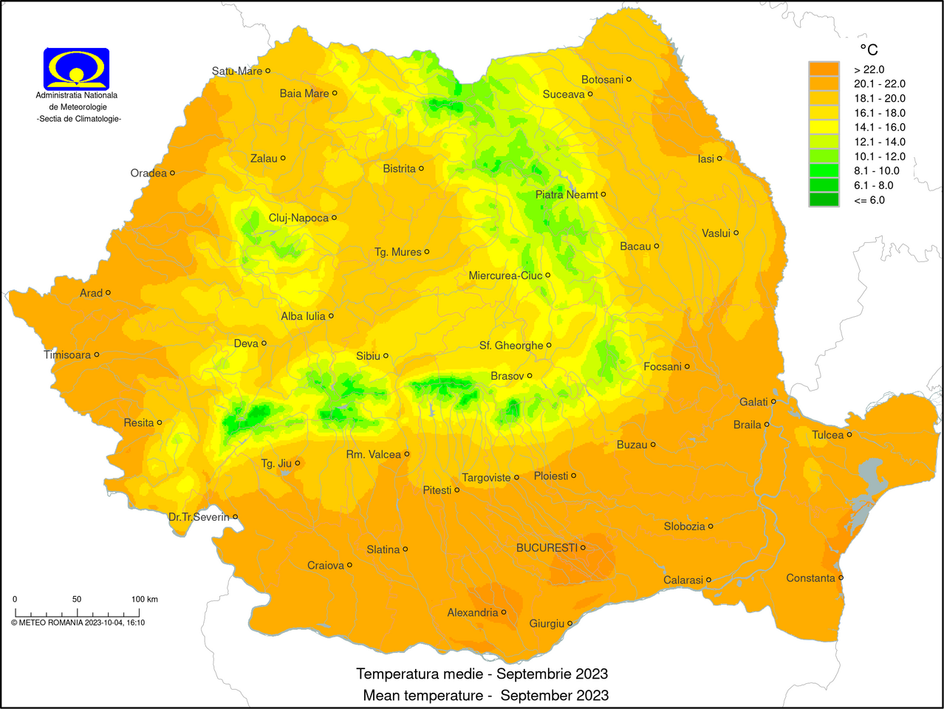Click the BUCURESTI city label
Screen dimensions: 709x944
(x=547, y=548)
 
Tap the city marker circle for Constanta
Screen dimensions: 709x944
(x=841, y=578)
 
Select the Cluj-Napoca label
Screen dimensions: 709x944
(x=298, y=218)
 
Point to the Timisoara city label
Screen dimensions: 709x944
(x=67, y=355)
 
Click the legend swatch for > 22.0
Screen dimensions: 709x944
(x=824, y=69)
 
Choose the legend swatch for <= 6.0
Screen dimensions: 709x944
(x=824, y=199)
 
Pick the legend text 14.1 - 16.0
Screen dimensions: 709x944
(x=879, y=127)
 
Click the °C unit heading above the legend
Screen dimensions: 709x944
(x=869, y=49)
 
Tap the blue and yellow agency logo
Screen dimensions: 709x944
(x=77, y=69)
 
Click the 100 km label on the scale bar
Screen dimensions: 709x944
(x=144, y=599)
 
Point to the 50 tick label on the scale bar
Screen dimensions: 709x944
(x=77, y=599)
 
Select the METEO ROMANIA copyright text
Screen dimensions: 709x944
(x=78, y=623)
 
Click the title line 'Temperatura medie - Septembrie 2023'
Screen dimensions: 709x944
(x=482, y=674)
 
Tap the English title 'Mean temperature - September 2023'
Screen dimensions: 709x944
(x=485, y=696)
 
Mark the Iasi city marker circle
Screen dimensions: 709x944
(x=719, y=159)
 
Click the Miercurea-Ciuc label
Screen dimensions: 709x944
(x=505, y=275)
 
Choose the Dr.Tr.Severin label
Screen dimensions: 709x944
(x=199, y=517)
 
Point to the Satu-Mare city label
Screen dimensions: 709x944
(x=236, y=71)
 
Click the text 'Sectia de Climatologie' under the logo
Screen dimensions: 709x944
(x=79, y=119)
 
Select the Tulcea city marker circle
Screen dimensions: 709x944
(x=849, y=434)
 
